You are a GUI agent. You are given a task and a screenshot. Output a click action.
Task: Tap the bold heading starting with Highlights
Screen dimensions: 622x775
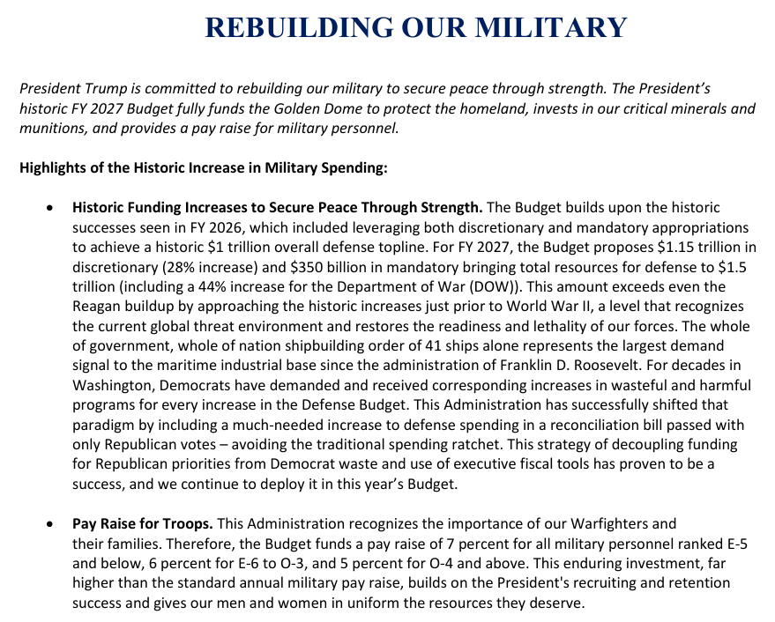point(204,167)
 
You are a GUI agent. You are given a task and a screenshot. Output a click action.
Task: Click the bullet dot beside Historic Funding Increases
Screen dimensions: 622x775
point(52,209)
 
